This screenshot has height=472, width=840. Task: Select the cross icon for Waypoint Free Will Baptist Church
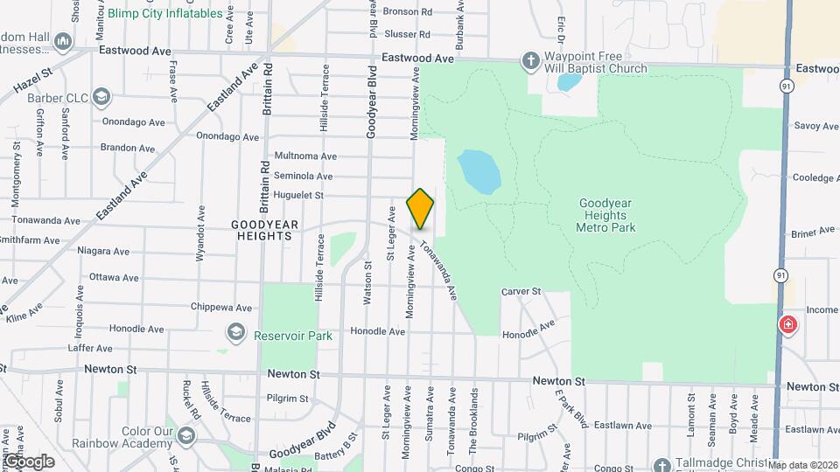pyautogui.click(x=529, y=61)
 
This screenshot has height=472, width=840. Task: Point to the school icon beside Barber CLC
pyautogui.click(x=101, y=96)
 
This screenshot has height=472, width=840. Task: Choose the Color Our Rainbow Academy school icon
pyautogui.click(x=186, y=435)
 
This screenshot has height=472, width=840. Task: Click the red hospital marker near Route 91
pyautogui.click(x=788, y=326)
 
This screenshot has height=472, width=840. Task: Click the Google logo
pyautogui.click(x=28, y=461)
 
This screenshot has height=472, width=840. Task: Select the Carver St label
pyautogui.click(x=522, y=291)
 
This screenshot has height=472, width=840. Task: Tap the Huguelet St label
pyautogui.click(x=298, y=196)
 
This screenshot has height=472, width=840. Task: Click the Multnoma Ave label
pyautogui.click(x=304, y=156)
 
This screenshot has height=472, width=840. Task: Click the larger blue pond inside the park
pyautogui.click(x=479, y=170)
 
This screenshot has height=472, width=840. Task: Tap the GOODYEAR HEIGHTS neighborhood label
pyautogui.click(x=264, y=231)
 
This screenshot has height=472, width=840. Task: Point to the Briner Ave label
pyautogui.click(x=814, y=232)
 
